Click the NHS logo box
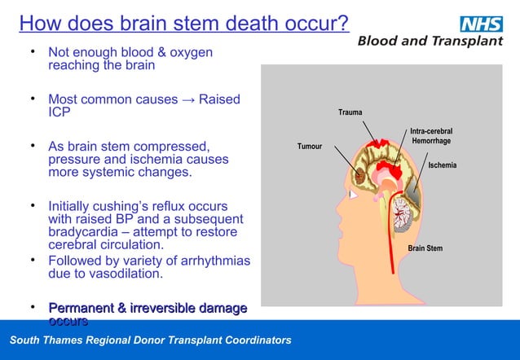(x=481, y=24)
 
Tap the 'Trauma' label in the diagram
(x=350, y=112)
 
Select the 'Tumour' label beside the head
(x=309, y=147)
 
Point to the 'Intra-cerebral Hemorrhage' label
(x=431, y=136)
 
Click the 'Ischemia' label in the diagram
(x=443, y=165)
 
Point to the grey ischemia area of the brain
(x=414, y=192)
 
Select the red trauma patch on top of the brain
(x=377, y=145)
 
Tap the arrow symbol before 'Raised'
(x=190, y=99)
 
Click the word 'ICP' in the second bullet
(x=59, y=112)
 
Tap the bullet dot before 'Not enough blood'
(x=32, y=52)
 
